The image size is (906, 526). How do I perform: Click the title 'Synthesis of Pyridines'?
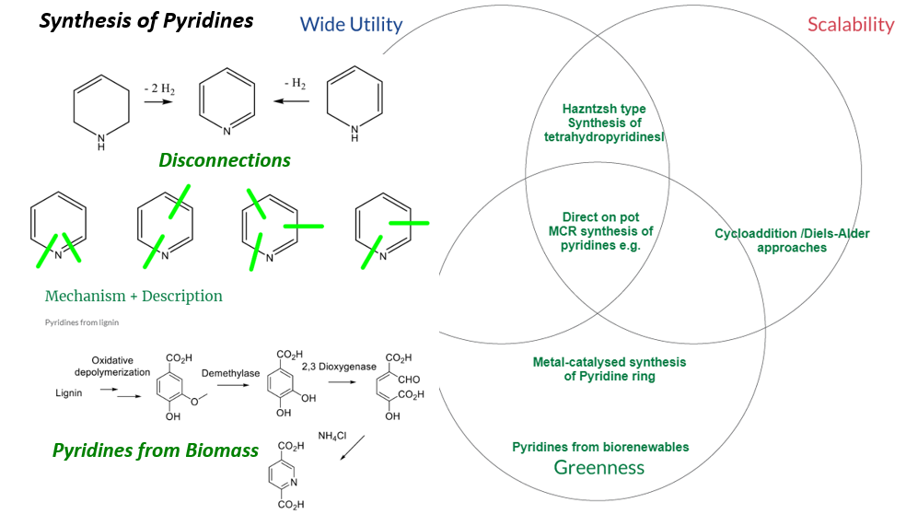[x=145, y=20]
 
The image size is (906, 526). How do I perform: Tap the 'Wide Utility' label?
[x=351, y=25]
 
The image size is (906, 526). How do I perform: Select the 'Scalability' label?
[x=850, y=25]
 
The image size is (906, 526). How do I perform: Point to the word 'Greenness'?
[x=598, y=467]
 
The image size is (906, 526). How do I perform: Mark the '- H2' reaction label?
[x=295, y=84]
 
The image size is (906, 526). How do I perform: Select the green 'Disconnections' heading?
[x=225, y=160]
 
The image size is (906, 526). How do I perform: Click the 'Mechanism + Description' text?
[x=134, y=296]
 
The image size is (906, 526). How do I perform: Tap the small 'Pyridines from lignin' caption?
[x=82, y=322]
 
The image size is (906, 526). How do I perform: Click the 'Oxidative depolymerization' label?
[x=111, y=366]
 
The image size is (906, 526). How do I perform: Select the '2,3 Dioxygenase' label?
[x=339, y=367]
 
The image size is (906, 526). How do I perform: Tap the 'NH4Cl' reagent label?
[x=332, y=435]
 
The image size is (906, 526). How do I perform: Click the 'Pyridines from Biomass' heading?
[x=156, y=450]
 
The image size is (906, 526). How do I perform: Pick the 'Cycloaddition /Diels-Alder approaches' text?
[x=792, y=240]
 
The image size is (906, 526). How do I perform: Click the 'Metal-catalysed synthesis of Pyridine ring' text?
[x=609, y=369]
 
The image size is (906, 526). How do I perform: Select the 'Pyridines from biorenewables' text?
[x=600, y=447]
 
